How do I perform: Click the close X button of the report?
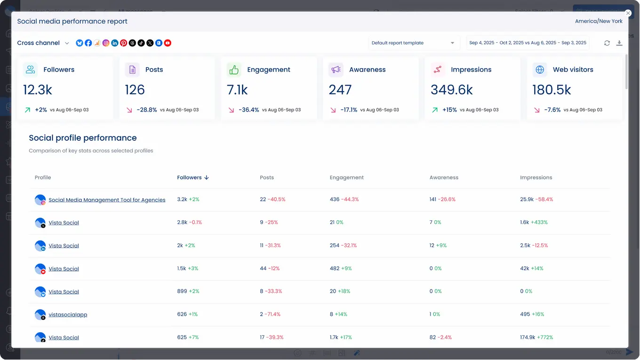pyautogui.click(x=628, y=13)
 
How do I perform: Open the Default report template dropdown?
pyautogui.click(x=414, y=43)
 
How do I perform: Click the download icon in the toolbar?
pyautogui.click(x=619, y=43)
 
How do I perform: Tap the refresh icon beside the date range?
pyautogui.click(x=607, y=43)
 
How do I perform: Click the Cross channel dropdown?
pyautogui.click(x=43, y=43)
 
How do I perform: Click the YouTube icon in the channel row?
pyautogui.click(x=168, y=43)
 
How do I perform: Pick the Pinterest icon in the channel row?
pyautogui.click(x=123, y=43)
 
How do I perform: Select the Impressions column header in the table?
pyautogui.click(x=536, y=177)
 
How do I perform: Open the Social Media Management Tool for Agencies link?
pyautogui.click(x=107, y=200)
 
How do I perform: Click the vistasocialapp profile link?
pyautogui.click(x=68, y=315)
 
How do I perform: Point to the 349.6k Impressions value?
pyautogui.click(x=452, y=90)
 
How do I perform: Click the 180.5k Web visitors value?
pyautogui.click(x=552, y=90)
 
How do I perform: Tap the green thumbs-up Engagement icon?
pyautogui.click(x=234, y=70)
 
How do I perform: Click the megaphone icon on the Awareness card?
pyautogui.click(x=336, y=70)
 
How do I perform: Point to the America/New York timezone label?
pyautogui.click(x=599, y=21)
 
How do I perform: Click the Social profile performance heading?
pyautogui.click(x=83, y=138)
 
